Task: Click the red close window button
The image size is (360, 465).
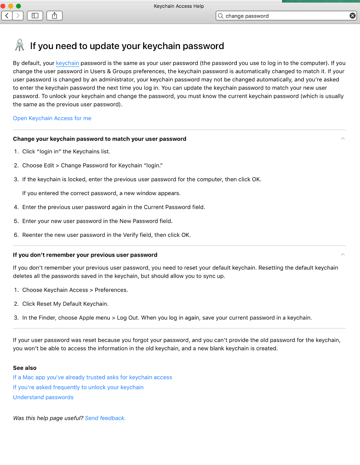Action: point(3,6)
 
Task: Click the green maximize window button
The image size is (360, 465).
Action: point(18,6)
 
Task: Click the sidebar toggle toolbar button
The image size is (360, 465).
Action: point(35,16)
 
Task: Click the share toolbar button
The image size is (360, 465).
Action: point(54,16)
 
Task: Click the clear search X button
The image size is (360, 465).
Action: point(352,16)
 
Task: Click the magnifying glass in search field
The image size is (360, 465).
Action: point(221,16)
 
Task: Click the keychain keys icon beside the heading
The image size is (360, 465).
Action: point(19,45)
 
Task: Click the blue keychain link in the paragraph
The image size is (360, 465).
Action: point(68,63)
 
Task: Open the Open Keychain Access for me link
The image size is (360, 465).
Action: point(52,118)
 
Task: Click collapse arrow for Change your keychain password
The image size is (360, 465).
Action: point(343,139)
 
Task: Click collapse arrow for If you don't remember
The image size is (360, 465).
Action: point(343,254)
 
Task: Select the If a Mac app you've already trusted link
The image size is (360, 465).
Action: point(93,378)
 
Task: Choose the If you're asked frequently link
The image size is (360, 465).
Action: point(78,387)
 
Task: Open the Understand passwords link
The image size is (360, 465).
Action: point(43,397)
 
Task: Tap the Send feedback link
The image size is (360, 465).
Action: point(105,418)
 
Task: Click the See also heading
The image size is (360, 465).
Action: point(25,368)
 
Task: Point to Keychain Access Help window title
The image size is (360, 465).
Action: point(179,6)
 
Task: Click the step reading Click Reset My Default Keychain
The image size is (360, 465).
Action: point(65,304)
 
